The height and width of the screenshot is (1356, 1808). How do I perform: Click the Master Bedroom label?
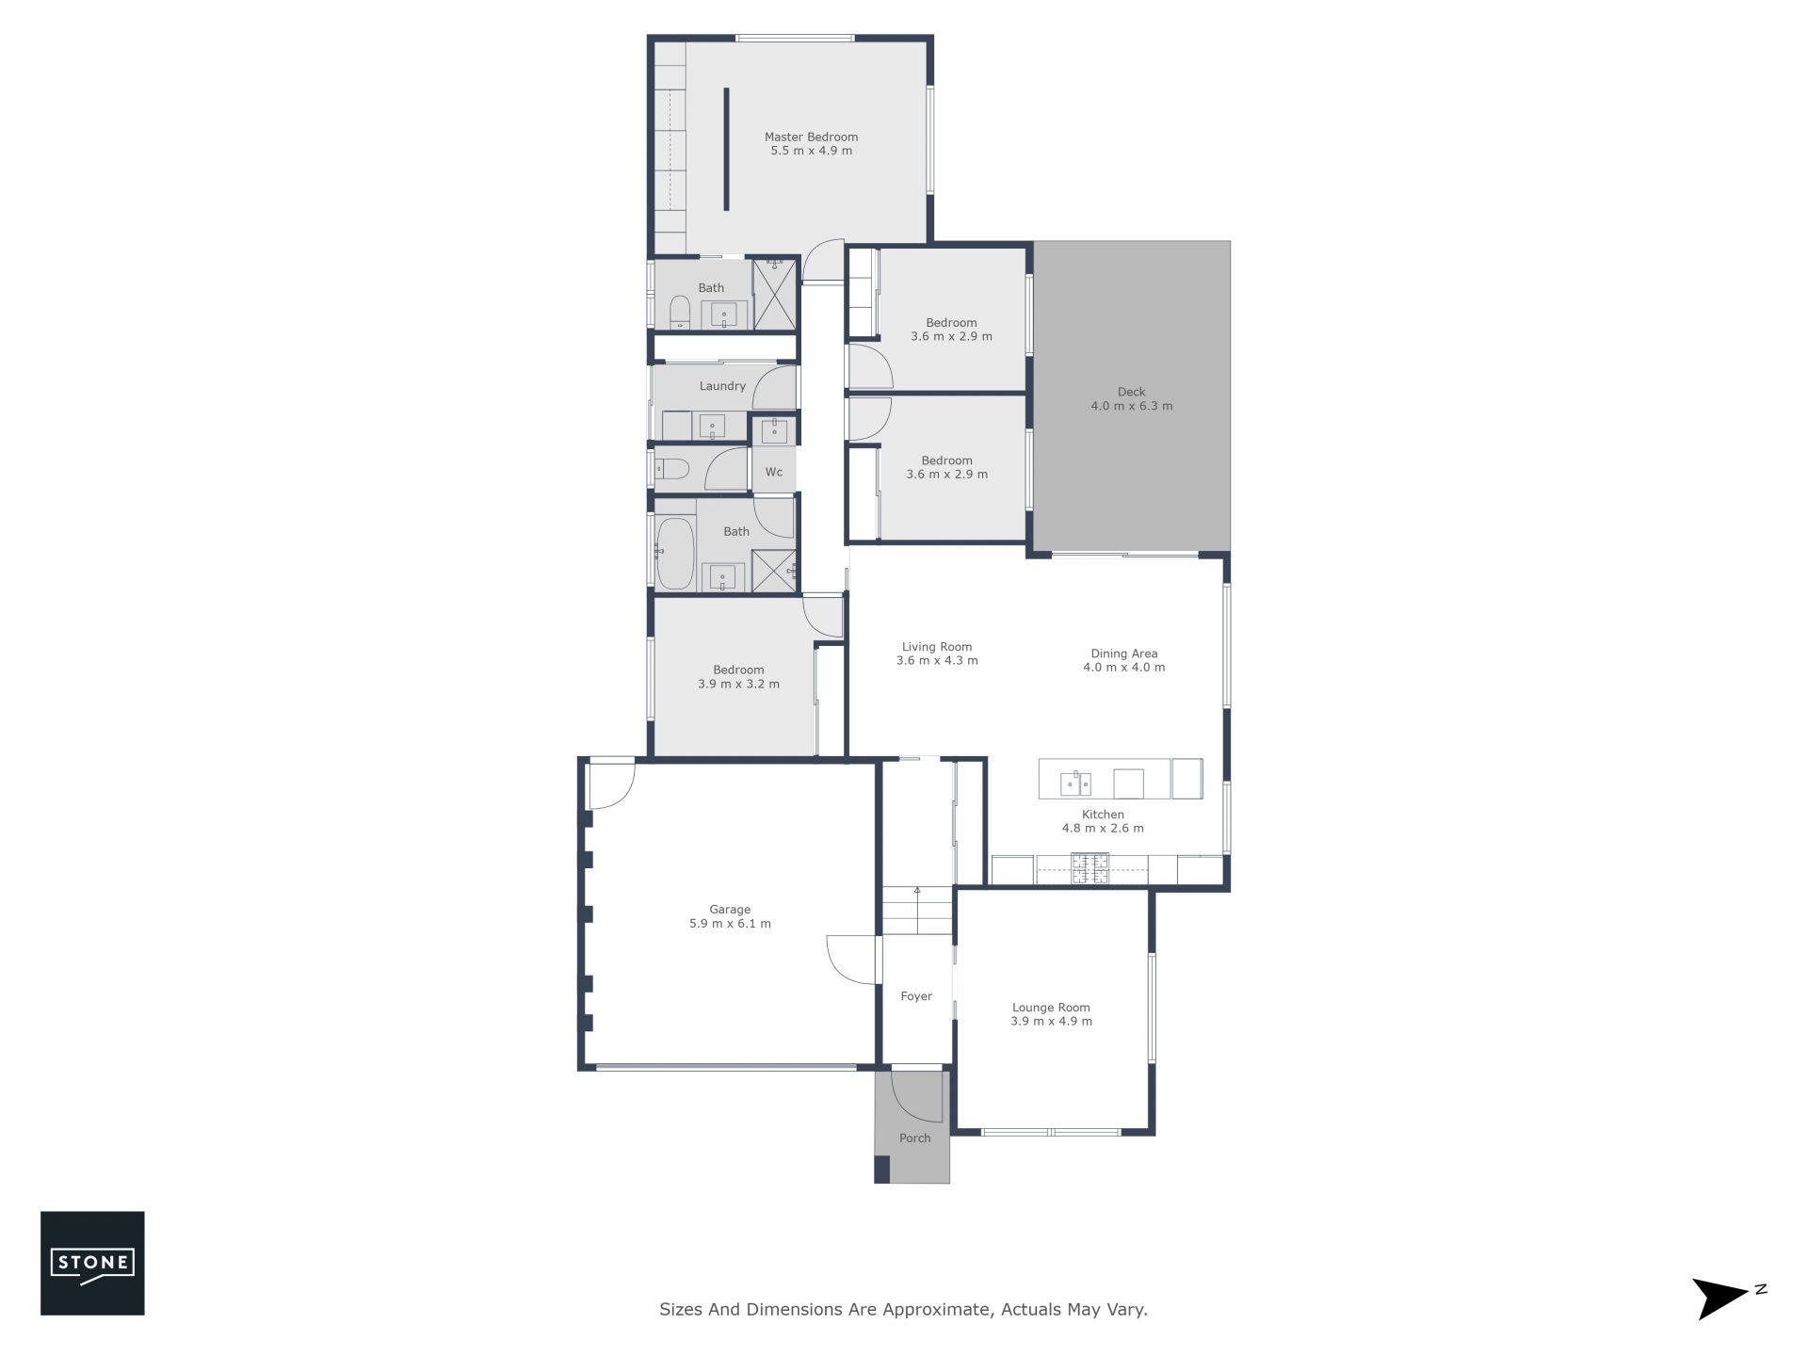811,137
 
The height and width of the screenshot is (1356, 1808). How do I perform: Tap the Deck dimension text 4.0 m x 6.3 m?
1132,406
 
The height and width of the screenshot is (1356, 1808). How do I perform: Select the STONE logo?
92,1263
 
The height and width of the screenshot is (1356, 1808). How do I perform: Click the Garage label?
730,910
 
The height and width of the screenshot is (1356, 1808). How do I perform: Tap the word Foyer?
916,996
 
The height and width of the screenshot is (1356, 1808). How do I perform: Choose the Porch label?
914,1138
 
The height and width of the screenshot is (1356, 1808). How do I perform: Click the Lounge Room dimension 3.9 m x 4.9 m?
1051,1021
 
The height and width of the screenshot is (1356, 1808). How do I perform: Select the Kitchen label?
1103,815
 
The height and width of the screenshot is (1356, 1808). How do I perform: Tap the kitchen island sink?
1075,783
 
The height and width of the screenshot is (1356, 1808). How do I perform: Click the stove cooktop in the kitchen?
1090,868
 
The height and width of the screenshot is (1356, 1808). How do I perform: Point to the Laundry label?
722,386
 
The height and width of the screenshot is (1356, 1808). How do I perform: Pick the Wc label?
773,472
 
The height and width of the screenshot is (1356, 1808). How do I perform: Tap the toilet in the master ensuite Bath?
680,313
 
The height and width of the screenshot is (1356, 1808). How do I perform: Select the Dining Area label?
1124,654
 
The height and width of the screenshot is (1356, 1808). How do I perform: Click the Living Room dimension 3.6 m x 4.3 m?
937,660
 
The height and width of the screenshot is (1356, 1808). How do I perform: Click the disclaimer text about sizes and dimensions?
903,1309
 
